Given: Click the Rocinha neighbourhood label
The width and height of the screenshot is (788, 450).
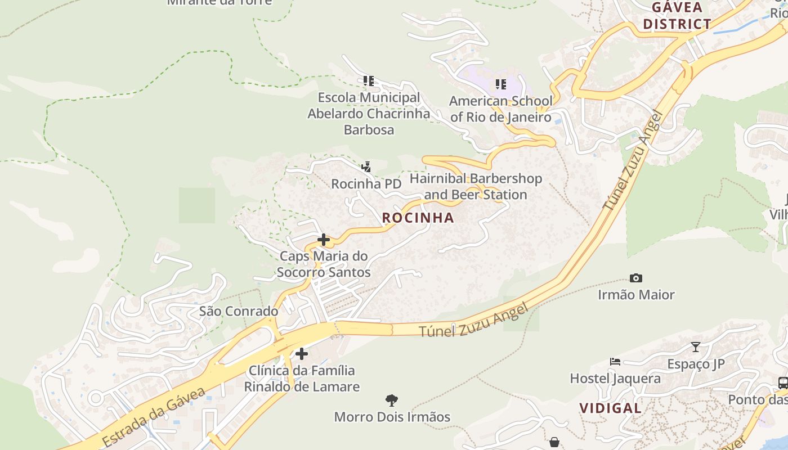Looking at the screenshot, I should [418, 218].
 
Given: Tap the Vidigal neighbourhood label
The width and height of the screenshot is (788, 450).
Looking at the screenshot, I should [610, 408].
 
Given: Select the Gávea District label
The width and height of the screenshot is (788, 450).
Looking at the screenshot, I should [677, 16].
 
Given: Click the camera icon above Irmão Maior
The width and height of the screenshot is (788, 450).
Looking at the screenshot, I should [636, 278].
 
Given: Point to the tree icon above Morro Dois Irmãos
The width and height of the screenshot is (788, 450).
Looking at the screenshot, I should [392, 400].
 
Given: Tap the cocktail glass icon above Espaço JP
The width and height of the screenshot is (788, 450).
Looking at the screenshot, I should [696, 346].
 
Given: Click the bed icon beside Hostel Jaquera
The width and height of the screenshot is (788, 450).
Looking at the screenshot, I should [615, 362].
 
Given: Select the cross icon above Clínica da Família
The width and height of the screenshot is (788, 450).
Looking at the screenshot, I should [302, 354].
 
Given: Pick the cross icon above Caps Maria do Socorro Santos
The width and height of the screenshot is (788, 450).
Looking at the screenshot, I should [324, 240].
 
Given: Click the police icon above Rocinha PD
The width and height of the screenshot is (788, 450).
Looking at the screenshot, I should [366, 166].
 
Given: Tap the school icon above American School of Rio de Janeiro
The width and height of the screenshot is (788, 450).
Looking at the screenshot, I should [500, 84].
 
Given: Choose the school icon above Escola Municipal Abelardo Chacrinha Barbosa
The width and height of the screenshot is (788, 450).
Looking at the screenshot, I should [369, 81].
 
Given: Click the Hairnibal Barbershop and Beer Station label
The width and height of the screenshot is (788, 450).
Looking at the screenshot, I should [476, 187].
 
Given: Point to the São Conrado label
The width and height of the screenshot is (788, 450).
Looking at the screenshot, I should [239, 311].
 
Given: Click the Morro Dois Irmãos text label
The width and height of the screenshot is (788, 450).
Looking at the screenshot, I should [392, 417].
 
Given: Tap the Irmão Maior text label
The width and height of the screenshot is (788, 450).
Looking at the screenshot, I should [636, 294].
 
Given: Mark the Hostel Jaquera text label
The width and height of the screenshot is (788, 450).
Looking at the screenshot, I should [615, 378].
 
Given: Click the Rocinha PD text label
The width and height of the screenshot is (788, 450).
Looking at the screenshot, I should [366, 184].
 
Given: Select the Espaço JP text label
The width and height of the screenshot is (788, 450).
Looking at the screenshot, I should [696, 364].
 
